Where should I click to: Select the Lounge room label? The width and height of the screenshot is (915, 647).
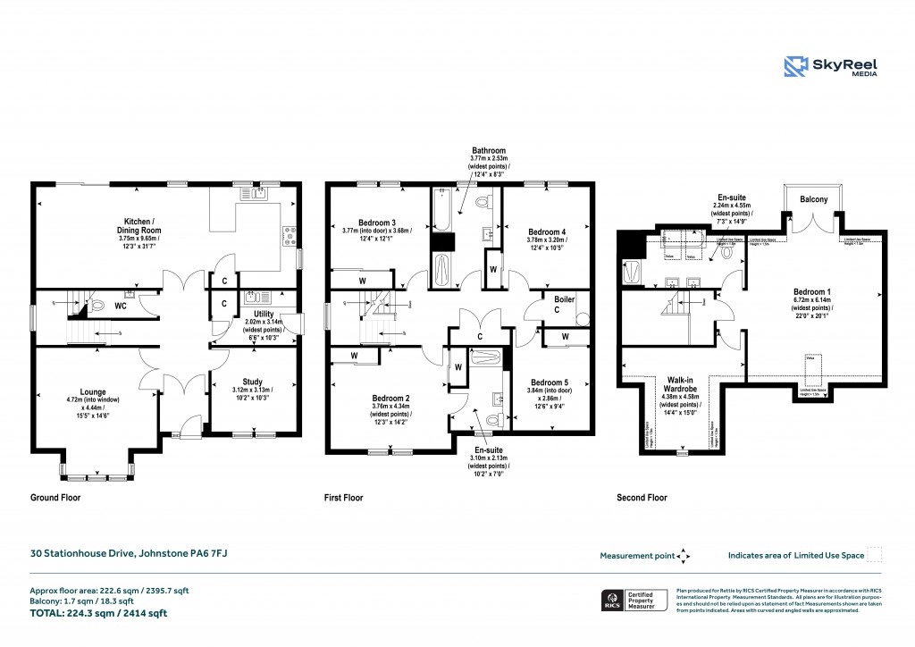[91, 391]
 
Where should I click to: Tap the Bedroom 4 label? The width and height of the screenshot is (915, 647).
[544, 229]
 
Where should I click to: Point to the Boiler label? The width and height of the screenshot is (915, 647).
[564, 299]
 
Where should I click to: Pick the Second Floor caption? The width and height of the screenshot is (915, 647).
[642, 498]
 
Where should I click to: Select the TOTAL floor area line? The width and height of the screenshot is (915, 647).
[98, 613]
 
